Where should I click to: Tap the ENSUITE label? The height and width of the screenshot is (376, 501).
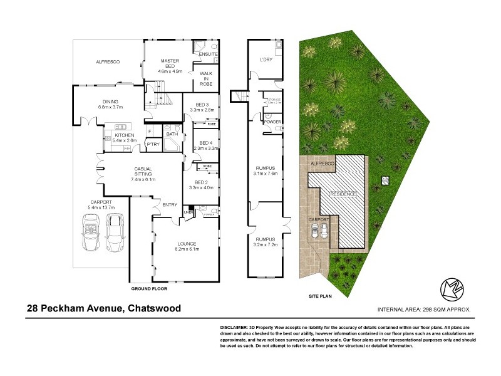(x=207, y=55)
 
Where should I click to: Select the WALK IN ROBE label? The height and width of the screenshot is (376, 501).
(x=206, y=78)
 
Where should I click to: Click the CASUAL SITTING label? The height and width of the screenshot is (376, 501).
(x=143, y=172)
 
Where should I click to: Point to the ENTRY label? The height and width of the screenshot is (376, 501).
(x=170, y=205)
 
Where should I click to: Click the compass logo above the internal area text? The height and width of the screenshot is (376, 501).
(x=452, y=288)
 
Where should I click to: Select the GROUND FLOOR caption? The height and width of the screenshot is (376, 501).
(x=149, y=289)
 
